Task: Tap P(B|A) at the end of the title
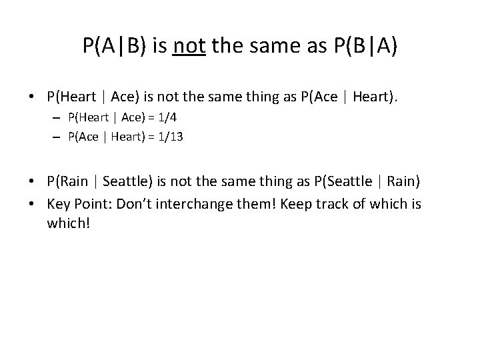[364, 46]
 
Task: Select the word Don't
[132, 203]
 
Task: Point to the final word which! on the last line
[67, 223]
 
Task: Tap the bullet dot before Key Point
[33, 203]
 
